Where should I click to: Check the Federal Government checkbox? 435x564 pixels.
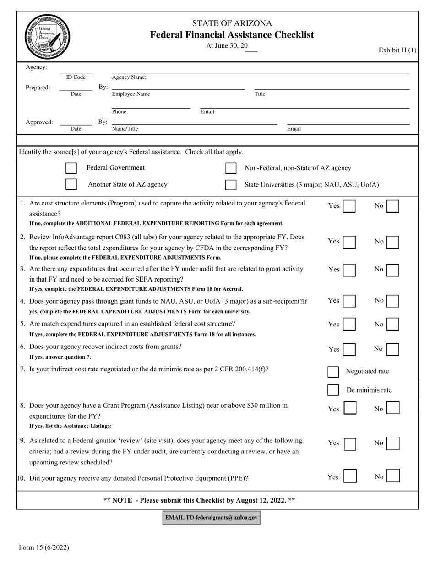[x=71, y=168]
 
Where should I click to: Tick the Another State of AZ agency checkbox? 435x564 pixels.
[x=71, y=184]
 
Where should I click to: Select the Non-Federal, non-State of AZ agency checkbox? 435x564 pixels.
[x=231, y=168]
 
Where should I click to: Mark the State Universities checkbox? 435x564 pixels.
[x=231, y=185]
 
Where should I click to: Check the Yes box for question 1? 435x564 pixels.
[x=349, y=206]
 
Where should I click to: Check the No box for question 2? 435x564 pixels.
[x=393, y=242]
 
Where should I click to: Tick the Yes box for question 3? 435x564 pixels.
[x=349, y=270]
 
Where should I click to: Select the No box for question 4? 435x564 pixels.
[x=393, y=301]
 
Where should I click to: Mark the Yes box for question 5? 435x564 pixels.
[x=349, y=324]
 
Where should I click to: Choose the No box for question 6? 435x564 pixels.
[x=393, y=349]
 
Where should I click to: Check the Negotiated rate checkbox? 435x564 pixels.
[x=333, y=371]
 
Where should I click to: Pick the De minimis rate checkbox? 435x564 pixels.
[x=333, y=390]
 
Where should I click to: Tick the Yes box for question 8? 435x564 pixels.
[x=350, y=408]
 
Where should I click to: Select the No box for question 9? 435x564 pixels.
[x=393, y=443]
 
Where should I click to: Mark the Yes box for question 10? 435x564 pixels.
[x=350, y=477]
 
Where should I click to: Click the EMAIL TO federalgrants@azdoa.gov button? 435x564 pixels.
[x=212, y=518]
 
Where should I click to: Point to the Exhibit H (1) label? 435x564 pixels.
[x=397, y=50]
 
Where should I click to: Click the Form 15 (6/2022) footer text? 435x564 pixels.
[x=44, y=547]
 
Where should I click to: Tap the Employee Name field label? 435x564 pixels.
[x=131, y=94]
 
